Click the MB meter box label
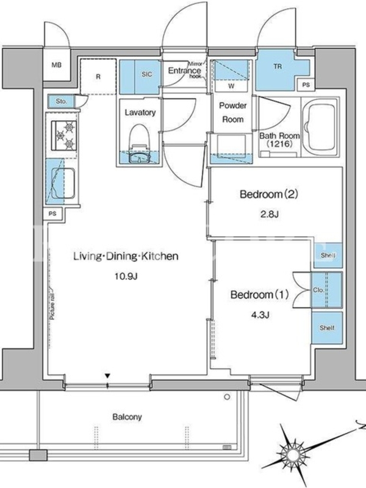click(x=56, y=65)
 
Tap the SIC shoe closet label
click(x=147, y=74)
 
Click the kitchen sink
click(x=63, y=184)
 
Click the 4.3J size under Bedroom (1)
click(x=260, y=315)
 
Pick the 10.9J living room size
click(x=126, y=276)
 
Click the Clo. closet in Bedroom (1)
click(x=326, y=290)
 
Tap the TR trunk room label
click(x=278, y=66)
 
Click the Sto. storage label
click(x=62, y=101)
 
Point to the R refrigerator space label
click(x=98, y=76)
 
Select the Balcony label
click(x=127, y=417)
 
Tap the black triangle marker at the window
click(x=107, y=376)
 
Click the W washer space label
click(x=231, y=86)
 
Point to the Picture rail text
click(x=52, y=306)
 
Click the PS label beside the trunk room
click(x=306, y=85)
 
